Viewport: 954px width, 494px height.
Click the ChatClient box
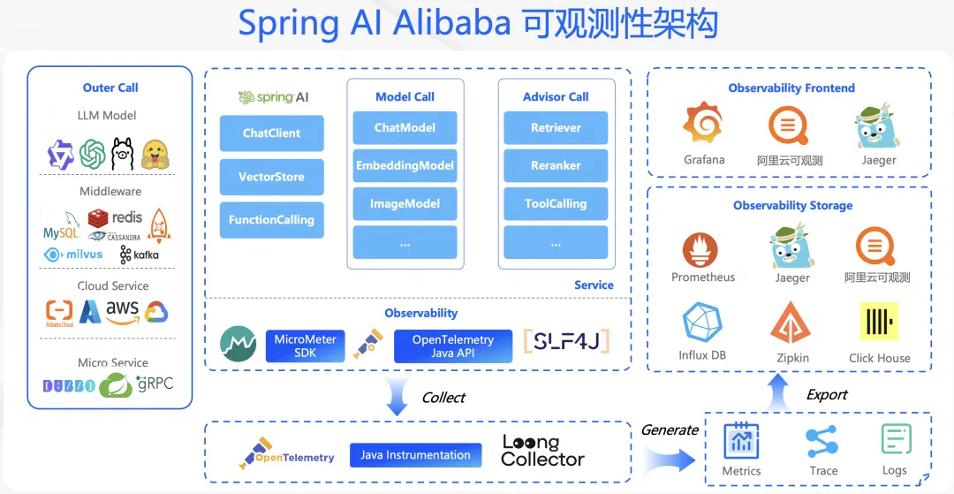[271, 133]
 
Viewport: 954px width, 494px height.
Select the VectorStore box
[271, 177]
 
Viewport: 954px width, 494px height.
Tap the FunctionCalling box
[271, 220]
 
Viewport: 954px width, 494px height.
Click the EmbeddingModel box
[405, 165]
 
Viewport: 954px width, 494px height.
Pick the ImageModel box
[405, 203]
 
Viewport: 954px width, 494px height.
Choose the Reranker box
[556, 165]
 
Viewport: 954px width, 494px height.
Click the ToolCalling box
[556, 203]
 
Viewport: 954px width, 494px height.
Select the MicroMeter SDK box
[304, 346]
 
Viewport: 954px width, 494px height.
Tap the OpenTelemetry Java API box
[452, 346]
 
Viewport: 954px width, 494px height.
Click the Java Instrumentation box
[415, 455]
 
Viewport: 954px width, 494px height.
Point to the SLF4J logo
[566, 341]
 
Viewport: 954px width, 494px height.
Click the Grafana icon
[704, 125]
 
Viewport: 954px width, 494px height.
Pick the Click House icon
[879, 322]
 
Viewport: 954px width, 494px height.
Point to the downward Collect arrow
[397, 399]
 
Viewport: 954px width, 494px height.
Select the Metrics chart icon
[741, 440]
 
